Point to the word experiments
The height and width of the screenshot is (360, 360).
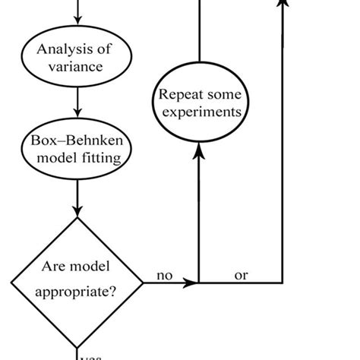(x=200, y=112)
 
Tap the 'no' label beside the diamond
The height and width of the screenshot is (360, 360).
(x=165, y=276)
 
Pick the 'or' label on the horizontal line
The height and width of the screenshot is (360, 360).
(x=241, y=276)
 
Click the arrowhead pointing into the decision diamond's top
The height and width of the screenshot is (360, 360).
(x=77, y=212)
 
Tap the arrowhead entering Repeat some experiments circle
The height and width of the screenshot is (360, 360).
(x=199, y=152)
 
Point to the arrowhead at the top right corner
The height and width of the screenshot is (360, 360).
(x=283, y=4)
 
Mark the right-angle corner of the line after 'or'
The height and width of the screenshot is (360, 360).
(x=283, y=283)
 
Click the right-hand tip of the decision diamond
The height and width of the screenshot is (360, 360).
(x=143, y=283)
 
